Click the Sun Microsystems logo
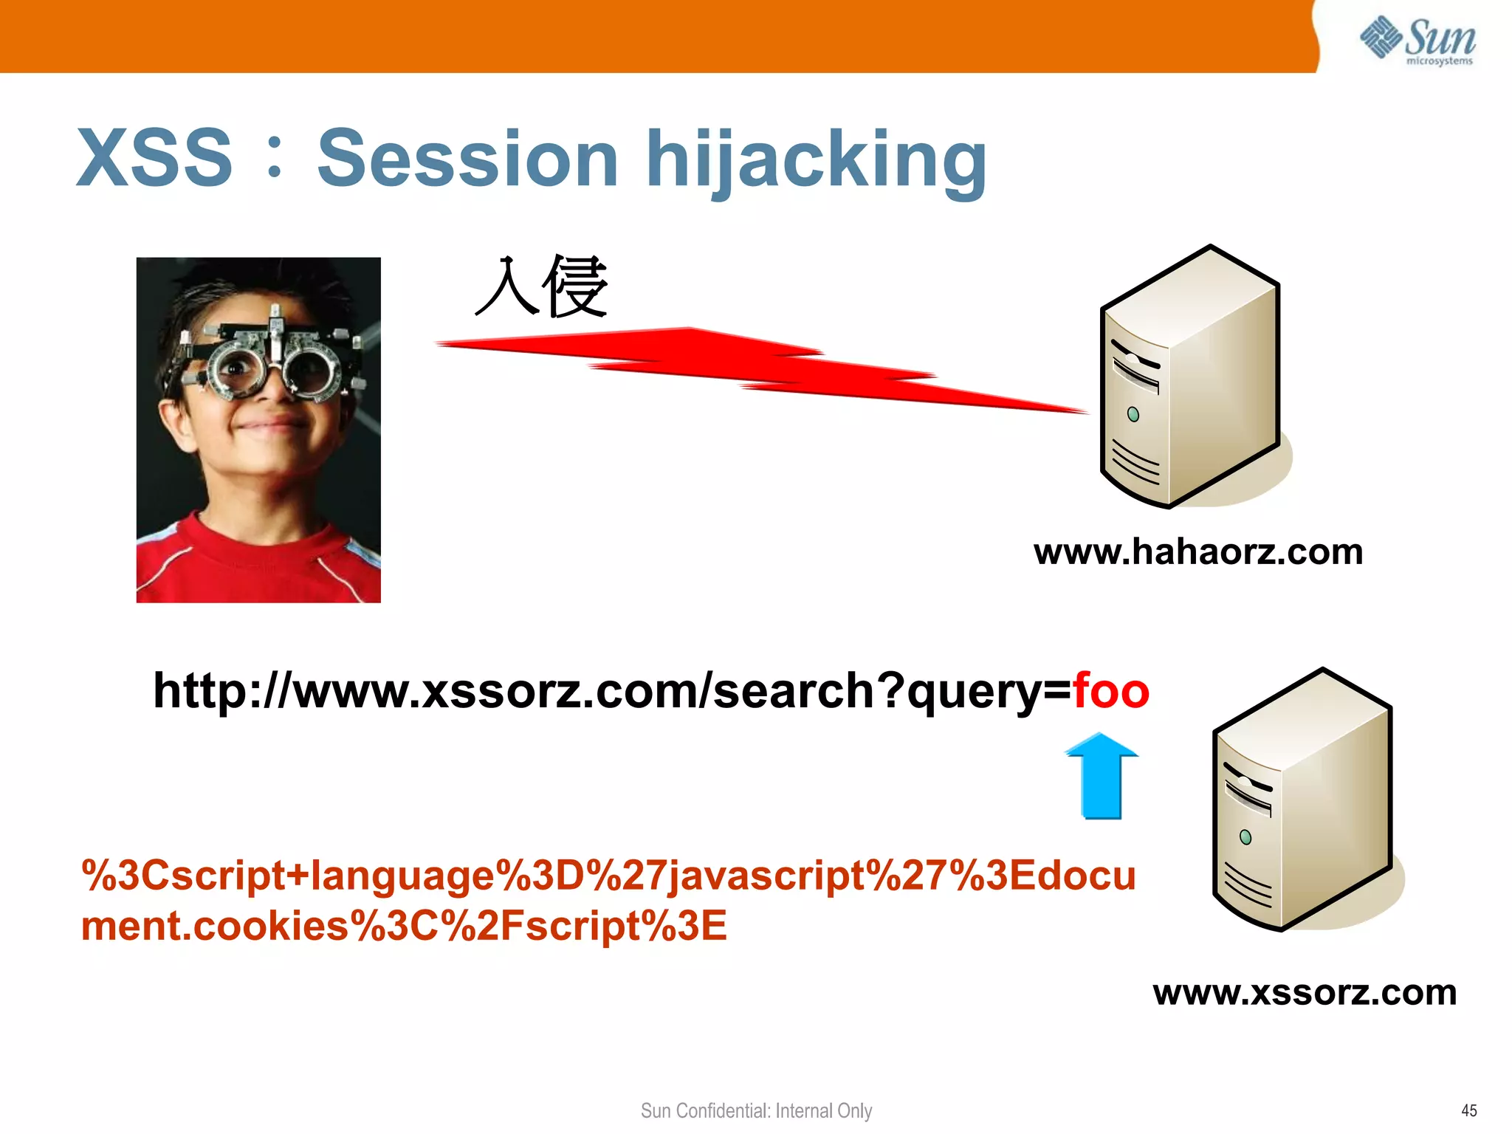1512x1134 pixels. [1417, 41]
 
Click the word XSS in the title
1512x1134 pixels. [155, 159]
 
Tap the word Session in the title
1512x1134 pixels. [467, 159]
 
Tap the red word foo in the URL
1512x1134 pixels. [1110, 691]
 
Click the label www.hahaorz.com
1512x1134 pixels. [1197, 552]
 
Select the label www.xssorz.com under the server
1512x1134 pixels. [1305, 993]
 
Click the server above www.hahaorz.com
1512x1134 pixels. [1190, 377]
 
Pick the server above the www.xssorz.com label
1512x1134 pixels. [1303, 801]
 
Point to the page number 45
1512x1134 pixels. [1468, 1110]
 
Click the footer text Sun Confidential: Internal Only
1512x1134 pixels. [756, 1110]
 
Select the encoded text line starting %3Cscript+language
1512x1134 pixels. [608, 876]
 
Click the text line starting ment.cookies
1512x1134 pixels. [404, 926]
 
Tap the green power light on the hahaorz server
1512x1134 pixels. [1133, 415]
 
